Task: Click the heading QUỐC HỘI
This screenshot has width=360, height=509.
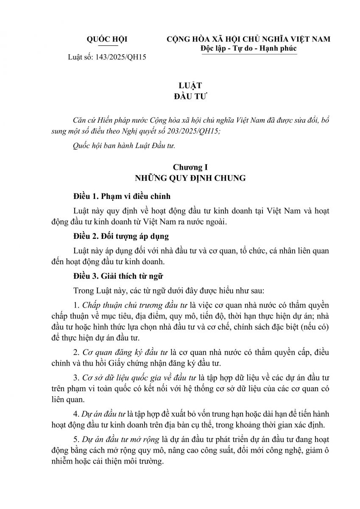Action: [x=107, y=39]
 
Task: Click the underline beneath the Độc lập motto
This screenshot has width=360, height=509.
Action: [x=249, y=54]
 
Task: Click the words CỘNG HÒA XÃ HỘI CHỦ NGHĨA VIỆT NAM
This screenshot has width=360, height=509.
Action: [x=249, y=39]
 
